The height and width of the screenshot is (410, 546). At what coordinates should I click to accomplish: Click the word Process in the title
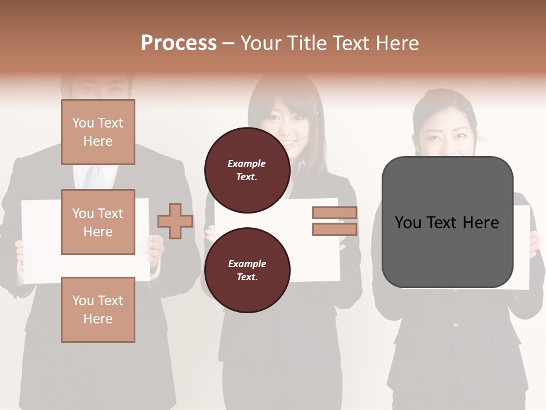click(179, 43)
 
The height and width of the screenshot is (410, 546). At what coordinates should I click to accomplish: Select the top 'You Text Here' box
click(98, 132)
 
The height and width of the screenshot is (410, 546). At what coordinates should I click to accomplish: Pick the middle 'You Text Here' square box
click(98, 222)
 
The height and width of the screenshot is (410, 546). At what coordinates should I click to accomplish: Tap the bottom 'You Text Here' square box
click(98, 309)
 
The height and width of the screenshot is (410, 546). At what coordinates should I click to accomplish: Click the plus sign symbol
click(175, 221)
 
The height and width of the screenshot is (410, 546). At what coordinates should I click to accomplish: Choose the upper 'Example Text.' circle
click(247, 170)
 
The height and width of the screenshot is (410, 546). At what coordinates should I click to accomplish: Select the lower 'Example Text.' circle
click(247, 270)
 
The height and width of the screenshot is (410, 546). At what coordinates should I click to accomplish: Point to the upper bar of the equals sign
click(334, 213)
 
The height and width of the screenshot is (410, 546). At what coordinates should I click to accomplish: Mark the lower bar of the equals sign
click(334, 229)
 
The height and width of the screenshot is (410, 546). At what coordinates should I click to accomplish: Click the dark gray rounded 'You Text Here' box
click(447, 222)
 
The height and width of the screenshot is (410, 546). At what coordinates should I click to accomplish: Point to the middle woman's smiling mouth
click(288, 142)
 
